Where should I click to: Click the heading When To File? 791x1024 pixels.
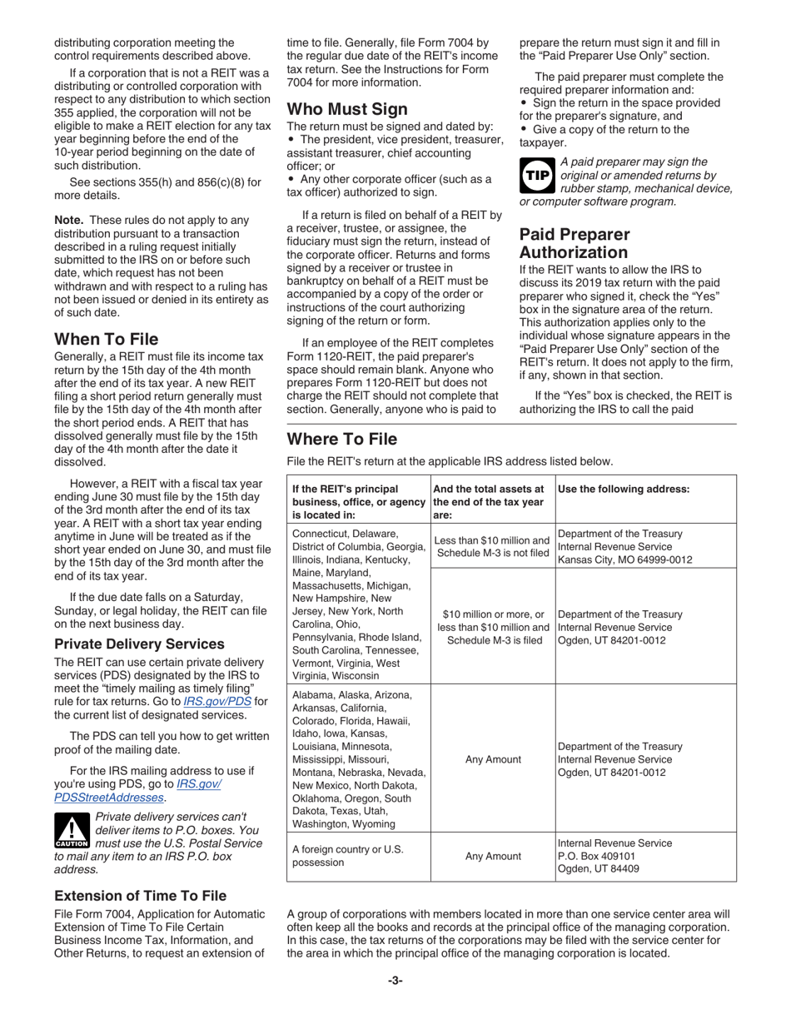(106, 340)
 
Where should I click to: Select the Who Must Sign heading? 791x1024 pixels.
(347, 109)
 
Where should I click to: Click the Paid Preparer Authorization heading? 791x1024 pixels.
(574, 243)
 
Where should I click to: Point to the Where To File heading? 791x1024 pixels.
(341, 439)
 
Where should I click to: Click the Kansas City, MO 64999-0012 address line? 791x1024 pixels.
(624, 559)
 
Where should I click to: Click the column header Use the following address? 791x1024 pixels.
(623, 490)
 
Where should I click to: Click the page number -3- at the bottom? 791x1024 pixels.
(395, 981)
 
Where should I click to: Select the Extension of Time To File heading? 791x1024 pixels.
(140, 896)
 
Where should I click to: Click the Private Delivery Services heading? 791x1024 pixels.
(139, 644)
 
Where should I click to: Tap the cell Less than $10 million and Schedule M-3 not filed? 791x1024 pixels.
(492, 546)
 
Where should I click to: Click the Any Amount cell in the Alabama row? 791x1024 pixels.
(492, 759)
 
